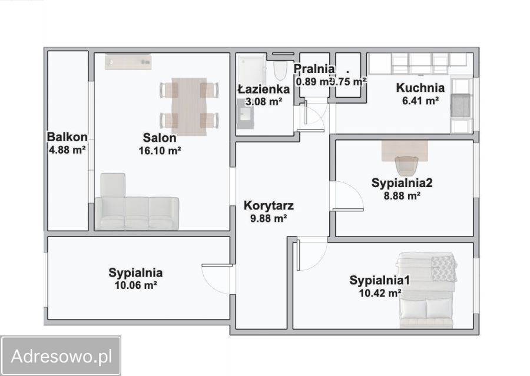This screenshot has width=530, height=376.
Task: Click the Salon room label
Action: click(x=159, y=138)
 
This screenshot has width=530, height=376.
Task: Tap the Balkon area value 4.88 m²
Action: click(x=67, y=149)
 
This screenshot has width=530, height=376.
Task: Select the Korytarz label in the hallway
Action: click(x=269, y=207)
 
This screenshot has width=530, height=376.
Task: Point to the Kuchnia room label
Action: click(x=420, y=88)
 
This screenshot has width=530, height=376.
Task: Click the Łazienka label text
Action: click(x=263, y=89)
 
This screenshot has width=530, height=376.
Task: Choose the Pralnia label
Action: click(x=315, y=69)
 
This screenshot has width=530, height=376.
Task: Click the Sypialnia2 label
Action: click(x=402, y=183)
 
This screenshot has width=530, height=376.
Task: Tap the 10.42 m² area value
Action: click(x=380, y=292)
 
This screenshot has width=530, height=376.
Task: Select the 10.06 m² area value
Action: click(x=135, y=285)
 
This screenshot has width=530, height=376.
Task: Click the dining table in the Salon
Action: click(x=189, y=106)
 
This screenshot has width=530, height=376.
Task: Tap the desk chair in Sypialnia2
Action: click(x=406, y=165)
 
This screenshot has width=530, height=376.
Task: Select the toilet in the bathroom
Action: click(x=280, y=71)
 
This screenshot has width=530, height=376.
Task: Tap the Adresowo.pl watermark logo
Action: click(x=61, y=355)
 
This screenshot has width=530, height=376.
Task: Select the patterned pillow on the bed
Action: click(x=443, y=268)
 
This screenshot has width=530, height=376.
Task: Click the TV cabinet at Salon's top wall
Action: click(x=128, y=61)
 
